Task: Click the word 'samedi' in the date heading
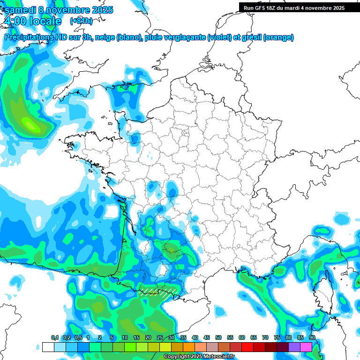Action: point(20,10)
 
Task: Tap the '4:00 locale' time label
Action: point(32,21)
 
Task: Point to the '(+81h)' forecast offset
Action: point(81,21)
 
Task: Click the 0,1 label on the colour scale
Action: point(54,338)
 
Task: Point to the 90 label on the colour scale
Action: point(312,338)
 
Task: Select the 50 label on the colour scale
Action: point(218,338)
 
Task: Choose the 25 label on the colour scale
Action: point(160,338)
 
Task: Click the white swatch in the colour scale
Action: point(48,347)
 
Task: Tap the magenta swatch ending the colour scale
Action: point(306,347)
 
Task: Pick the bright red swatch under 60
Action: point(247,347)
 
